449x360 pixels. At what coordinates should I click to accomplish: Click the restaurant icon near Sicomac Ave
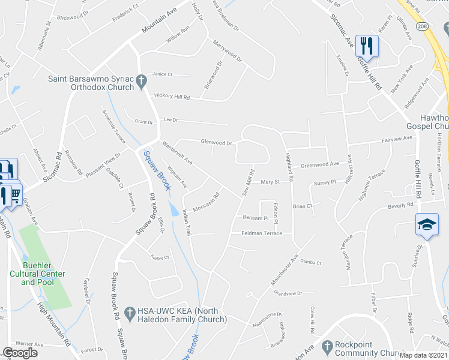(366, 45)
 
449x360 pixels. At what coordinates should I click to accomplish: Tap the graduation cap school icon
(427, 225)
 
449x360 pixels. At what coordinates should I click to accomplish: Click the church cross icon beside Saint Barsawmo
(141, 80)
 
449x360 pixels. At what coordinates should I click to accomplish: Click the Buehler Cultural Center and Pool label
(44, 274)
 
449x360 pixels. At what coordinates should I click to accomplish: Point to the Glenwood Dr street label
(217, 143)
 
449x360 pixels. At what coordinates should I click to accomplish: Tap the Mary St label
(270, 182)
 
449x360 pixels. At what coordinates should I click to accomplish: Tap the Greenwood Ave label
(320, 164)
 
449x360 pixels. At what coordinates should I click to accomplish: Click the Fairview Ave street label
(397, 139)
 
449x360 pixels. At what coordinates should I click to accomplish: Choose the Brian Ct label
(303, 206)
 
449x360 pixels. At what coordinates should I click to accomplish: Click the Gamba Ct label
(311, 263)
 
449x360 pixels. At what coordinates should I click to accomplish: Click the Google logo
(20, 353)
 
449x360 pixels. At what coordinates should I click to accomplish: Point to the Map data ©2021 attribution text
(423, 355)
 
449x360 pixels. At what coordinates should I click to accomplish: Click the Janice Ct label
(162, 74)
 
